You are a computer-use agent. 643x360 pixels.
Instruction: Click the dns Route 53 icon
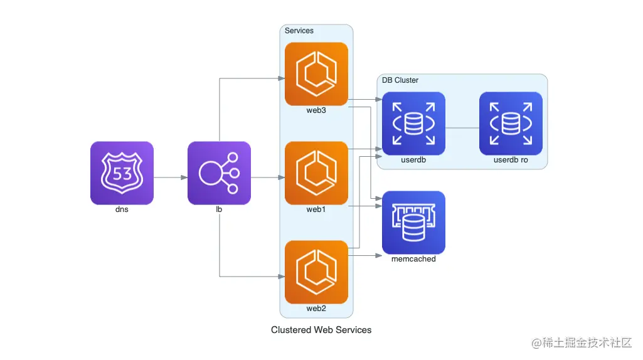tap(122, 173)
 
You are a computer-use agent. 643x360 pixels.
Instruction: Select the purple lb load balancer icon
tap(219, 173)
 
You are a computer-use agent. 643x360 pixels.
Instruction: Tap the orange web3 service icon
tap(316, 74)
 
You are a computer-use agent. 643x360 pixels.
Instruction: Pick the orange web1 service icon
tap(316, 173)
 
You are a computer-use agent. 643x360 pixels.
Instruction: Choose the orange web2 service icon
tap(316, 272)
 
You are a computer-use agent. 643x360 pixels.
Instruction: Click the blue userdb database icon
tap(413, 124)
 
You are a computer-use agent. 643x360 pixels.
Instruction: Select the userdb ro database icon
tap(511, 124)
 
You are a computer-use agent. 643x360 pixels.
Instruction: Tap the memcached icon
tap(413, 223)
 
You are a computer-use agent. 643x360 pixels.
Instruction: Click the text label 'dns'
tap(122, 209)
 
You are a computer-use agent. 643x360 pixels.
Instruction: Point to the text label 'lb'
tap(219, 209)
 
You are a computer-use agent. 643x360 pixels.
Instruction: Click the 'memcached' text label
tap(413, 259)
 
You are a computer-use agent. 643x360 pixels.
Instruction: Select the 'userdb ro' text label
tap(511, 160)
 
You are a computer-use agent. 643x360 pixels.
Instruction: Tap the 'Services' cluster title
tap(299, 31)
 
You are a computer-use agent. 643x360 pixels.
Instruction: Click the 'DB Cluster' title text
tap(400, 80)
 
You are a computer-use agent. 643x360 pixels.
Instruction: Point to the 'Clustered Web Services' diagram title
tap(321, 330)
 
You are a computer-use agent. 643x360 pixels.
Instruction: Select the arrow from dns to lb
tap(170, 177)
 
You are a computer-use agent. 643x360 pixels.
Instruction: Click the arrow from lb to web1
tap(267, 177)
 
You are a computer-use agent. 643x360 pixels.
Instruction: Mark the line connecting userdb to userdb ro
tap(462, 128)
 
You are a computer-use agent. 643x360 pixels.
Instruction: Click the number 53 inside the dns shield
tap(122, 173)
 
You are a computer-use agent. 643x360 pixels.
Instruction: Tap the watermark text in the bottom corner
tap(582, 343)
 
